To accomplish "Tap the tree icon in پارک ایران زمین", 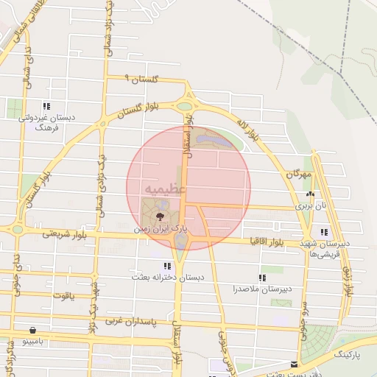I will [161, 216].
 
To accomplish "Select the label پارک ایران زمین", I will [161, 229].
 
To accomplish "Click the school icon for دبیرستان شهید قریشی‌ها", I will [324, 232].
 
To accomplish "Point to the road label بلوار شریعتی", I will [64, 233].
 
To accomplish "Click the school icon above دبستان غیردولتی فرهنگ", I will [46, 106].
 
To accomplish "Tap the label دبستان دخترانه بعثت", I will [166, 277].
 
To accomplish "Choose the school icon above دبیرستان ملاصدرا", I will [261, 277].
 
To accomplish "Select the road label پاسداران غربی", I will [124, 321].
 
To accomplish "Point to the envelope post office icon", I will [295, 364].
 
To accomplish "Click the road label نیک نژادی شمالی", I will [97, 188].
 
